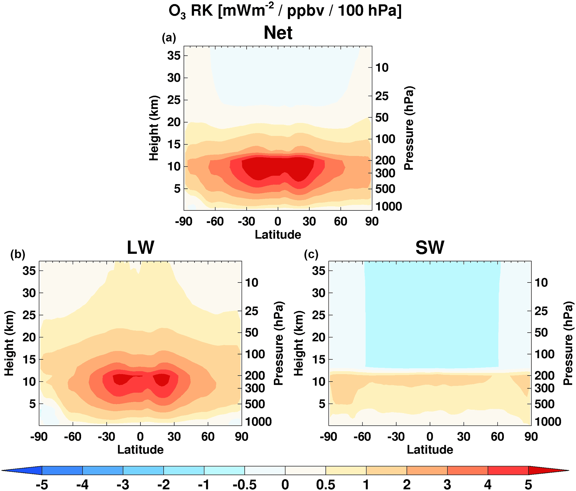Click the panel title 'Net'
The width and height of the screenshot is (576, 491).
pyautogui.click(x=278, y=33)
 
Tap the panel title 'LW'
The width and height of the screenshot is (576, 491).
pyautogui.click(x=140, y=247)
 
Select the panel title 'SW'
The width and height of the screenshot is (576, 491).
pyautogui.click(x=430, y=247)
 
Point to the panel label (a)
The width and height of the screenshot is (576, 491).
pyautogui.click(x=169, y=37)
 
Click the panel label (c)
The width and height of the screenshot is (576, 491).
pyautogui.click(x=311, y=254)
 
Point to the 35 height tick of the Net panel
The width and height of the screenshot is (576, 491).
pyautogui.click(x=174, y=56)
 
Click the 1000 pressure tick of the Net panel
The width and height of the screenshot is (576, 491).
pyautogui.click(x=388, y=207)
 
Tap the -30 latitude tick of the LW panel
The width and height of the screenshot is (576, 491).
pyautogui.click(x=106, y=436)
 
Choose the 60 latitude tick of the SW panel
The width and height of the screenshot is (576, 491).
pyautogui.click(x=497, y=436)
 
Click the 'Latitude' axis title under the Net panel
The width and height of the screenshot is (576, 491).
pyautogui.click(x=278, y=235)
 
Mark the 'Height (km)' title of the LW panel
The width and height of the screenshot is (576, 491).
pyautogui.click(x=9, y=343)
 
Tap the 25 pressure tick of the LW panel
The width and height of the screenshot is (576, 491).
pyautogui.click(x=251, y=311)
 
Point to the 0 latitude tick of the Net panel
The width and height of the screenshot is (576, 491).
pyautogui.click(x=278, y=222)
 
